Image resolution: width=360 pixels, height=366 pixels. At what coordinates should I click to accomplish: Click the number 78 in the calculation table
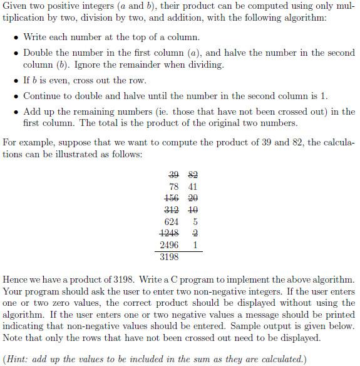click(175, 186)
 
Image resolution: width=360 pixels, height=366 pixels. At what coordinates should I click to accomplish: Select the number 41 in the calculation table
click(193, 186)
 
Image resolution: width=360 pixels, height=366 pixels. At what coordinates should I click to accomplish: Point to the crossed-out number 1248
click(170, 233)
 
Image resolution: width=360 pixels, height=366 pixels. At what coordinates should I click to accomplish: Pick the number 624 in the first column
click(172, 222)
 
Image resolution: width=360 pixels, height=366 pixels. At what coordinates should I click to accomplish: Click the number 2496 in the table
click(170, 245)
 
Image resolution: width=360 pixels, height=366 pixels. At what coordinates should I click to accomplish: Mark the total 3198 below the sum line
click(170, 257)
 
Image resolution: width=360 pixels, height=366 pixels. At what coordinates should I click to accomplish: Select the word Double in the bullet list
click(38, 53)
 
